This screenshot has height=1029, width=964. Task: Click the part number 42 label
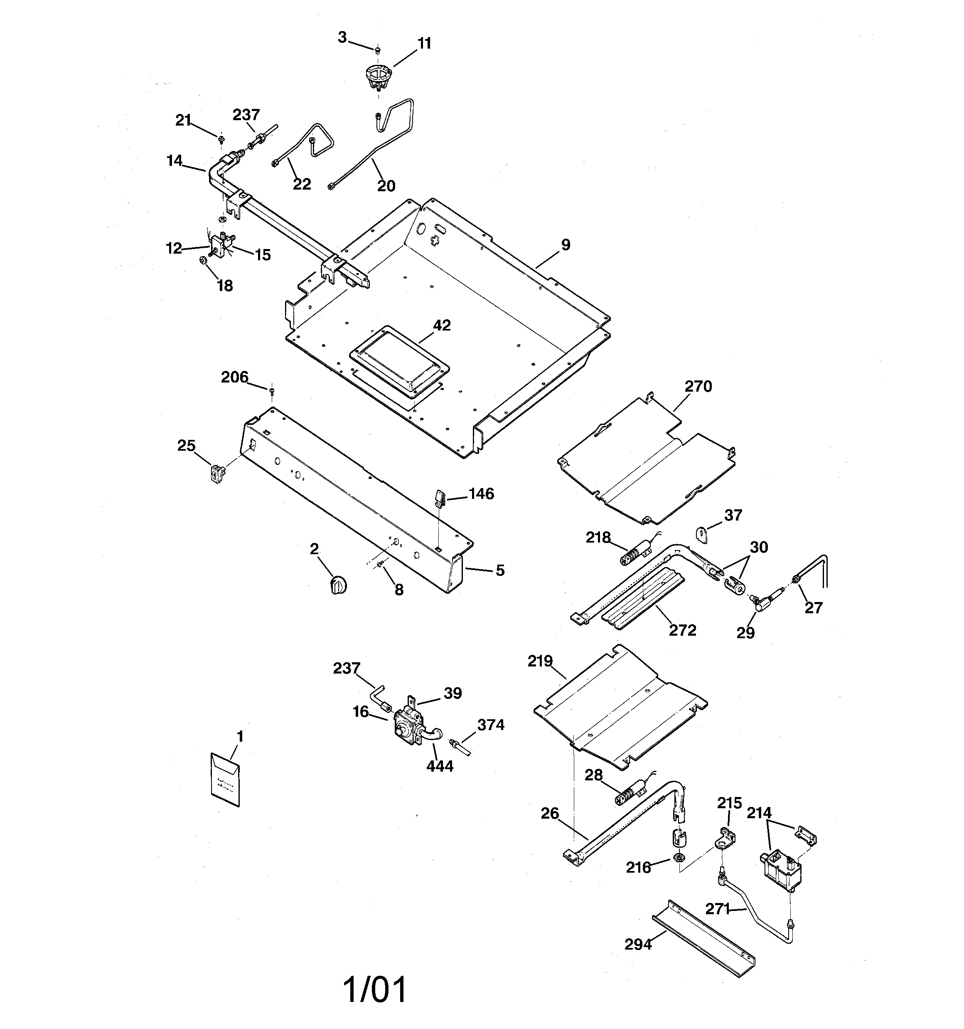click(x=441, y=326)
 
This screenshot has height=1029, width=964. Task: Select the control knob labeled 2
click(x=338, y=585)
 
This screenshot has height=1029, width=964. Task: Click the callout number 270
click(x=698, y=386)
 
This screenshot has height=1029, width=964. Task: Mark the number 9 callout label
click(x=566, y=244)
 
